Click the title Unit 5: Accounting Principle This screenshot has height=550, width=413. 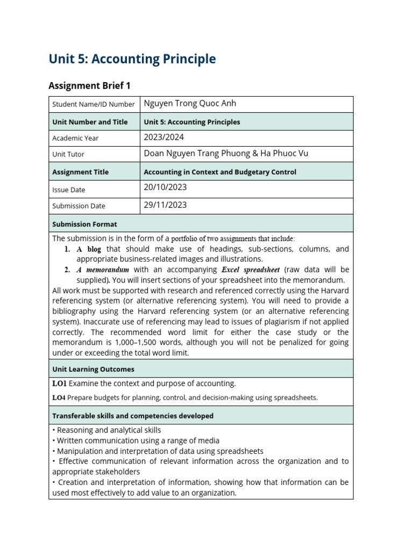point(132,59)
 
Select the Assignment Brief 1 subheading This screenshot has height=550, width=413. point(89,85)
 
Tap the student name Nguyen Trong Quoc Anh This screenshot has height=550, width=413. point(190,104)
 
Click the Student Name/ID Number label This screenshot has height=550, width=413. point(93,104)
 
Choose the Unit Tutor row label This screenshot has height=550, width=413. point(68,154)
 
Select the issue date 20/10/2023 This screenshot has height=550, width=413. point(165,187)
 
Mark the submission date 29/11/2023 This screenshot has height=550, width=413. point(165,205)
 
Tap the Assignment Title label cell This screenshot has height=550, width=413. point(80,172)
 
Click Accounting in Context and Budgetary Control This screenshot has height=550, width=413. point(220,172)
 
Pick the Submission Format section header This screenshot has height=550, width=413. point(84,224)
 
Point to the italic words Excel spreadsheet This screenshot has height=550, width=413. point(251,270)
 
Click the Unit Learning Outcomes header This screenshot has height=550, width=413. point(93,369)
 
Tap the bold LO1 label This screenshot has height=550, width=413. point(59,383)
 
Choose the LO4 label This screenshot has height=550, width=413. point(59,398)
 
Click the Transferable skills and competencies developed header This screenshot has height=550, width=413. point(132,416)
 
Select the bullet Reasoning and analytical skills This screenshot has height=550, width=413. point(109,430)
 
